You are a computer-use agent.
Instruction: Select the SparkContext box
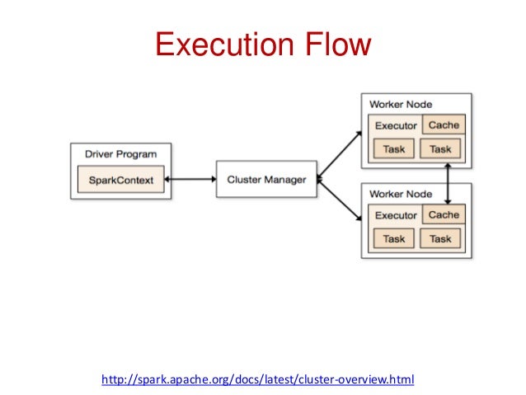coord(120,180)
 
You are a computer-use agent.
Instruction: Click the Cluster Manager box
coord(265,179)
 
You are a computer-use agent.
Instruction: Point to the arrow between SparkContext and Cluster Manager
coord(190,179)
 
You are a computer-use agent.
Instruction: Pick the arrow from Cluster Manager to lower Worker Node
coord(340,200)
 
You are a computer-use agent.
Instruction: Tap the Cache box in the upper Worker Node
coord(444,125)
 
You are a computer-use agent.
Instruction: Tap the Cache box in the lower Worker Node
coord(444,215)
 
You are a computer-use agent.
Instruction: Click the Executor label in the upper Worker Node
coord(396,126)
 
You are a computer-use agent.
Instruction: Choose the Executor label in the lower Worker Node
coord(396,216)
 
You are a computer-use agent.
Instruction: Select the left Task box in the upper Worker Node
coord(394,149)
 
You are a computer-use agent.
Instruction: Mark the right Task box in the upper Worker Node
coord(440,149)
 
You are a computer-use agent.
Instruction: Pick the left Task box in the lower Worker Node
coord(394,239)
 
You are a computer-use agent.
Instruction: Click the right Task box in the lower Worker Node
coord(440,239)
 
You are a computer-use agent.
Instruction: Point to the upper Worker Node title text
coord(401,105)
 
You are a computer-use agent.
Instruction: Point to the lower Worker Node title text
coord(401,194)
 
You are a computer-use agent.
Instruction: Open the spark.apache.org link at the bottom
coord(257,380)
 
